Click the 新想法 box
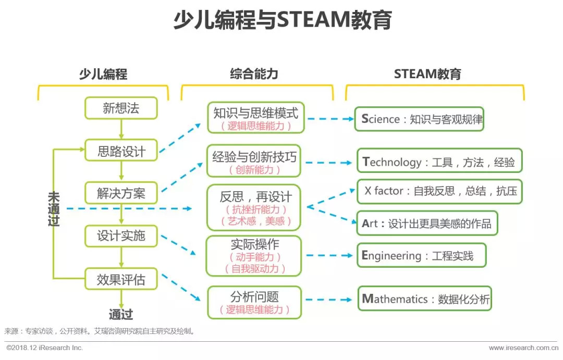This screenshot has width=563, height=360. coord(121,108)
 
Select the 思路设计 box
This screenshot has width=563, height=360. coord(121,151)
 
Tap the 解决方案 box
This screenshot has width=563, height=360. coord(121,193)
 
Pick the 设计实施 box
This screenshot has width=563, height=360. coord(121,236)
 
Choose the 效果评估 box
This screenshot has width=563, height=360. coord(121,279)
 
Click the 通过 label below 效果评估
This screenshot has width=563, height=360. coord(121,315)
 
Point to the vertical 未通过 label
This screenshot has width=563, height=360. coord(54,208)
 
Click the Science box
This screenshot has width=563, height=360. coord(419,119)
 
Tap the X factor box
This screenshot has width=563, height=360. coord(439,192)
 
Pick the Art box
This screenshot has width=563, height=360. coord(427,224)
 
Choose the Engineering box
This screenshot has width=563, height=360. coord(422,255)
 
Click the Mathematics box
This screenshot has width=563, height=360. coord(425,299)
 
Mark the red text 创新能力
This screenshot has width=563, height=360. coord(254,170)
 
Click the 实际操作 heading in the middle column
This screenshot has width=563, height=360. coord(254,244)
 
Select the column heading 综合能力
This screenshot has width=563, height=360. coord(254,74)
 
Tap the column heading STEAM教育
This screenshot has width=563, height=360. coord(427,74)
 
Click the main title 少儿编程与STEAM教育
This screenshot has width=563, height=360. coord(283,20)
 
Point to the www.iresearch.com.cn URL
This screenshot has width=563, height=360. coord(523,347)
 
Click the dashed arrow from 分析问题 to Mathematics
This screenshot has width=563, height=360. coord(329,300)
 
